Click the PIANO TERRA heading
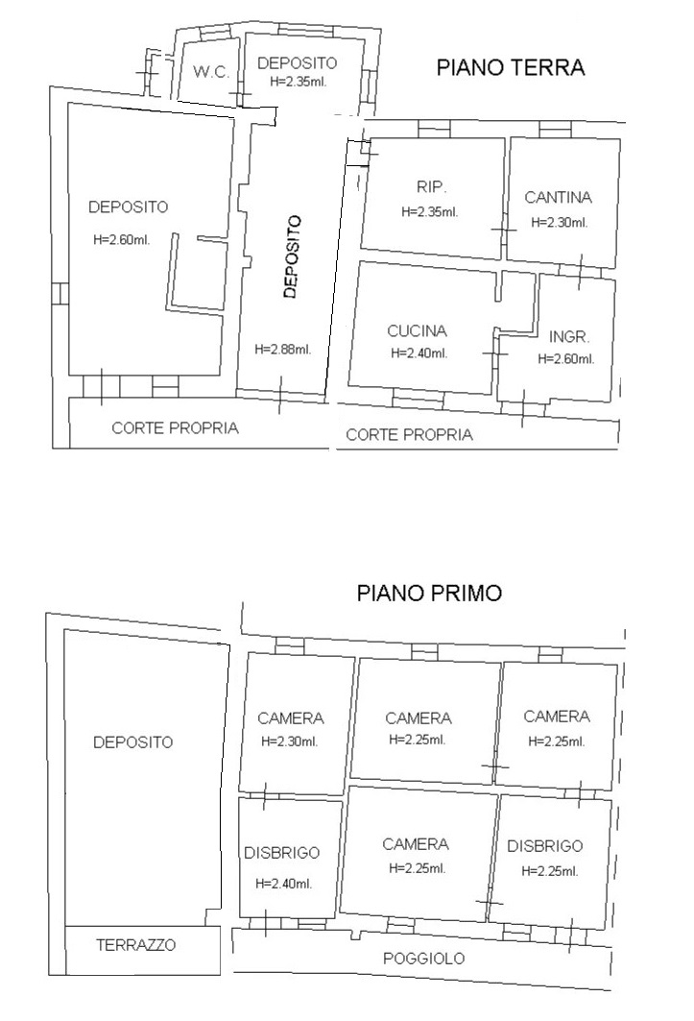(511, 68)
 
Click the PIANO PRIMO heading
(430, 594)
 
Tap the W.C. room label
(211, 72)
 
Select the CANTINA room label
(559, 197)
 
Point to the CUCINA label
(418, 330)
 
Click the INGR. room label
(569, 336)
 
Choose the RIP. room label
(432, 187)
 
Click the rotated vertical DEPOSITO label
(292, 257)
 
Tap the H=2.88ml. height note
(283, 350)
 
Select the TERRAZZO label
(136, 945)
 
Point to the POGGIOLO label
(424, 959)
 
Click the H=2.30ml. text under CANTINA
(560, 223)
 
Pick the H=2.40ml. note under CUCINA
(419, 353)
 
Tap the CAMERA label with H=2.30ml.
(290, 718)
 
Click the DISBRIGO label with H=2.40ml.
(282, 853)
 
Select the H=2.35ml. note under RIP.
(430, 212)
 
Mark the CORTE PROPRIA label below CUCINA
(409, 435)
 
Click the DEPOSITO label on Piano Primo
(132, 742)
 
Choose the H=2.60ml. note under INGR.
(566, 359)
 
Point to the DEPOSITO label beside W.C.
(298, 63)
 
